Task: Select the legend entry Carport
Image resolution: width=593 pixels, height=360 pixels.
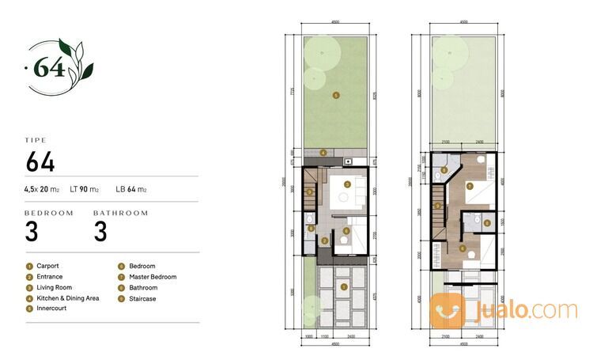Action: point(43,267)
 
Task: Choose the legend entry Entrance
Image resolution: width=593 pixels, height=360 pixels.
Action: point(45,277)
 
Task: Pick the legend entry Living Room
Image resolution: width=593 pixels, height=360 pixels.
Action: point(48,288)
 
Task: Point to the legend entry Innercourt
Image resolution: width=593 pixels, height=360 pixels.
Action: point(47,309)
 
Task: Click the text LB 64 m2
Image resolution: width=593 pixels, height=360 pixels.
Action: point(131,189)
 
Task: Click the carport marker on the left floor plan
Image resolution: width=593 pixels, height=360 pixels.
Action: point(344,287)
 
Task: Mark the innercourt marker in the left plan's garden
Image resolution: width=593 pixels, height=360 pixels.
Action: point(336,95)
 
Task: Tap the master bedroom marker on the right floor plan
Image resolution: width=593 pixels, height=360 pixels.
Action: point(469,186)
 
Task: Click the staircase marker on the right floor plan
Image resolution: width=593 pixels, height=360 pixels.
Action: point(437,206)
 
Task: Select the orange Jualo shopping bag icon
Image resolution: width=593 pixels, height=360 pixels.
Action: point(448,309)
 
